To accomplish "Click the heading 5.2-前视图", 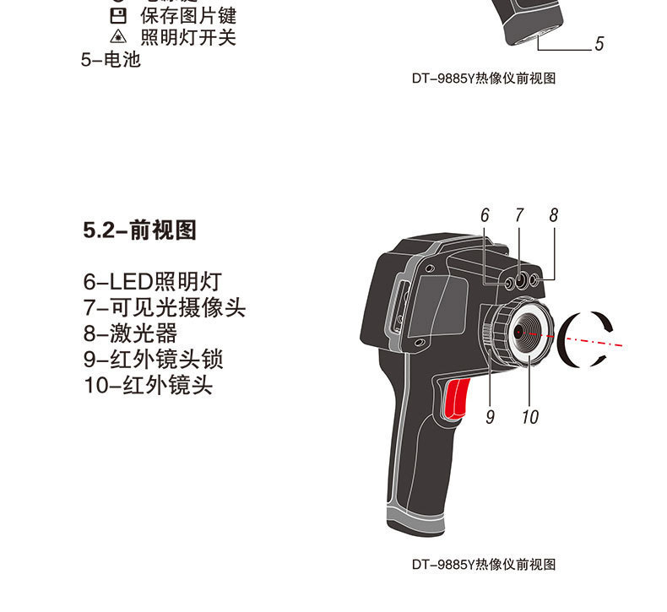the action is (140, 230).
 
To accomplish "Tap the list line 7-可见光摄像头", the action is (165, 307).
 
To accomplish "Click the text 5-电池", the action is (111, 60).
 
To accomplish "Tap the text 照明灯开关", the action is (187, 38).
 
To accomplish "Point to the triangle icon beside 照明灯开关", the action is (117, 38).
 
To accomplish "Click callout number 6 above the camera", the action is (485, 216).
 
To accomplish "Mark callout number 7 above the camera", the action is (519, 216).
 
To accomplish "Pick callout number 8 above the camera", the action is (554, 216).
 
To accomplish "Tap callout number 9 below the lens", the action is (490, 416).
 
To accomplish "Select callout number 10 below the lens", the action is (530, 416).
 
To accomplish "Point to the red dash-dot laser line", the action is (591, 340).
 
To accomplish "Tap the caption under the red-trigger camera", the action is (484, 565).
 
